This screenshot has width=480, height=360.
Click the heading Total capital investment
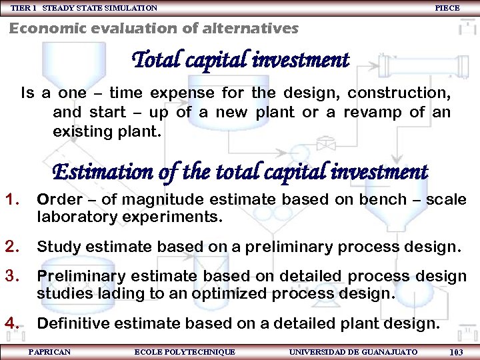click(x=241, y=61)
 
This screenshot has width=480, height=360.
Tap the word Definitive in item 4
click(x=71, y=324)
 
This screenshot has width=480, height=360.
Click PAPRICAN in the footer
click(x=49, y=351)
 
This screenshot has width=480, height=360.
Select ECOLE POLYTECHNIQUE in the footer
click(x=185, y=351)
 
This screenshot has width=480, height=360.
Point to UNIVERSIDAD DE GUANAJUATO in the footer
click(x=353, y=351)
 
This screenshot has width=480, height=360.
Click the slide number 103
click(x=457, y=351)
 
